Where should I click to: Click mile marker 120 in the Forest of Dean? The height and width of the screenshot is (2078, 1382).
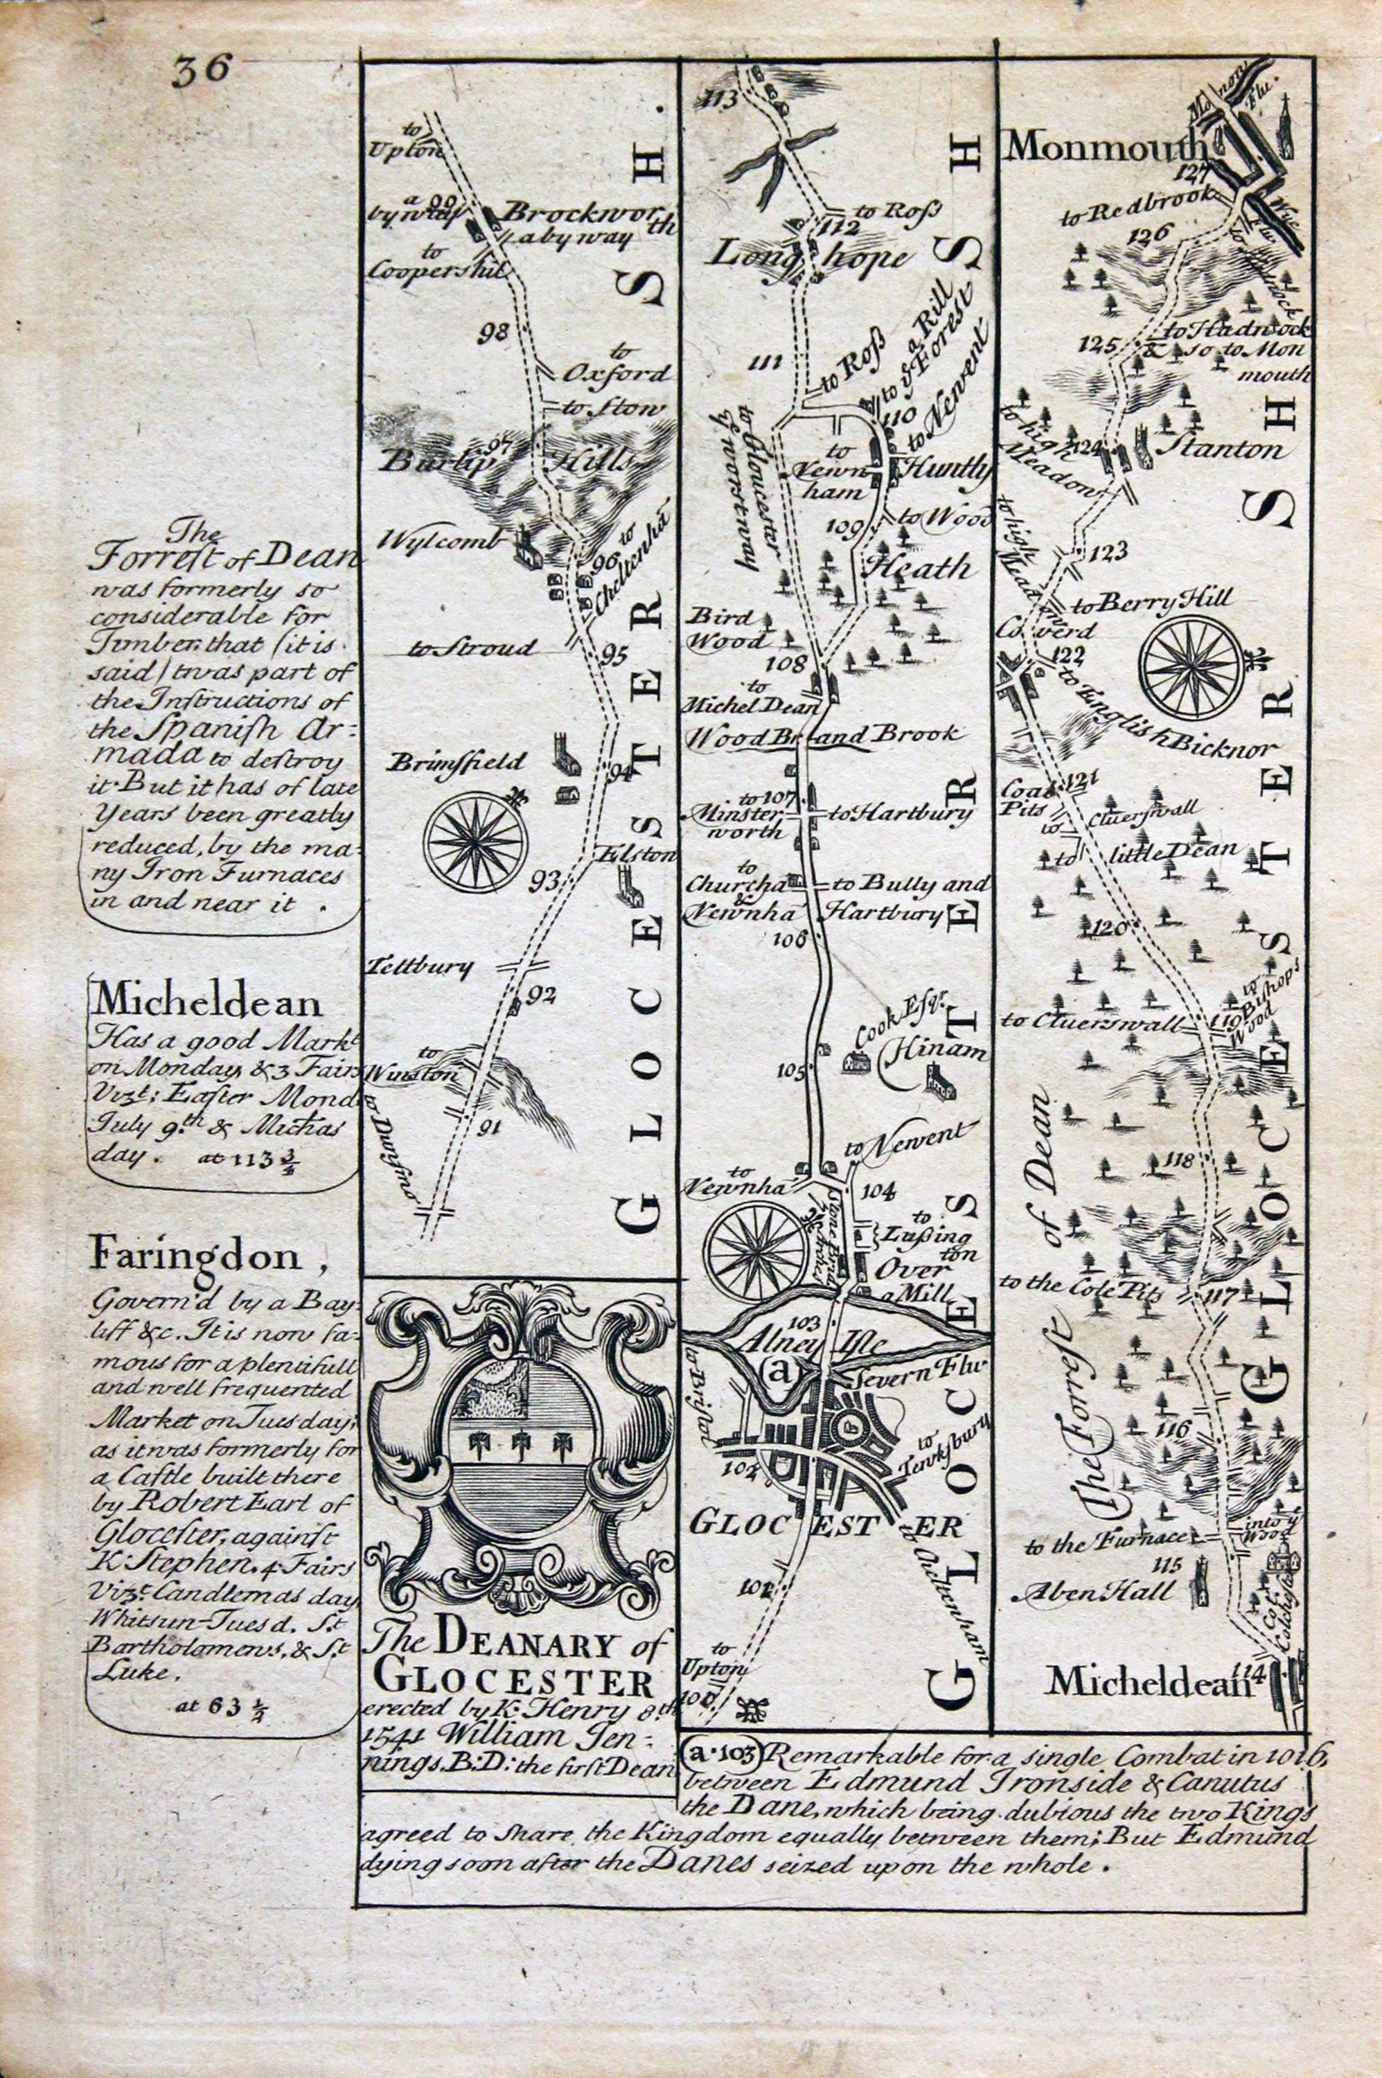1104,925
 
